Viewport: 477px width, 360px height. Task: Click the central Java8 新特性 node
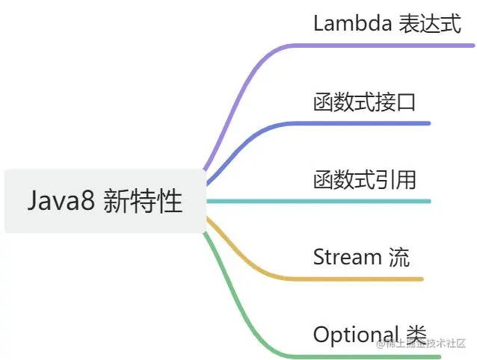pos(105,201)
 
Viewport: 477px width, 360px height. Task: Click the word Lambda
pos(351,23)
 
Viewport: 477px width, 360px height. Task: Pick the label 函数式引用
pos(364,179)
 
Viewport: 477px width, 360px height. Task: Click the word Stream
pos(348,257)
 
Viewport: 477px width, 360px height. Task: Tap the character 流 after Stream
pos(398,257)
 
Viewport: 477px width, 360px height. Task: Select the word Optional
pos(356,335)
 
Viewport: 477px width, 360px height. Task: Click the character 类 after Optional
pos(415,335)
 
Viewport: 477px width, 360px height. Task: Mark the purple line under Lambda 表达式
pos(389,46)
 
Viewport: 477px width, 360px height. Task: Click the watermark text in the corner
pos(422,344)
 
